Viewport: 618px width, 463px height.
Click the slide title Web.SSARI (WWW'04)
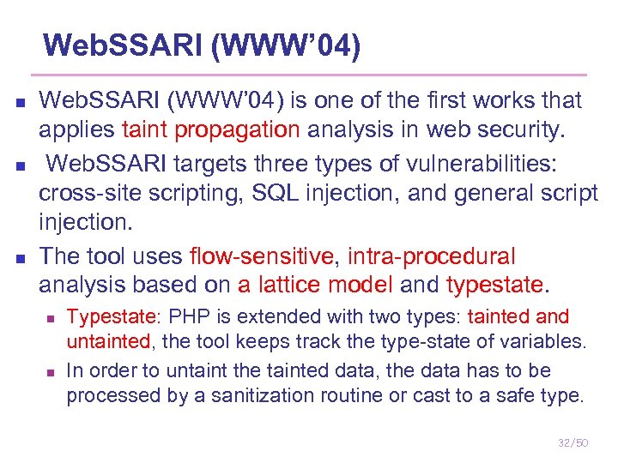(x=201, y=45)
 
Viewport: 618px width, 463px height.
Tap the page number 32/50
(x=573, y=442)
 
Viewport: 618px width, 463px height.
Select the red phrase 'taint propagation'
(x=211, y=129)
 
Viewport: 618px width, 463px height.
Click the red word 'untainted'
(x=108, y=341)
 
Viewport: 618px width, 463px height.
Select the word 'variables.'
(x=546, y=341)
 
